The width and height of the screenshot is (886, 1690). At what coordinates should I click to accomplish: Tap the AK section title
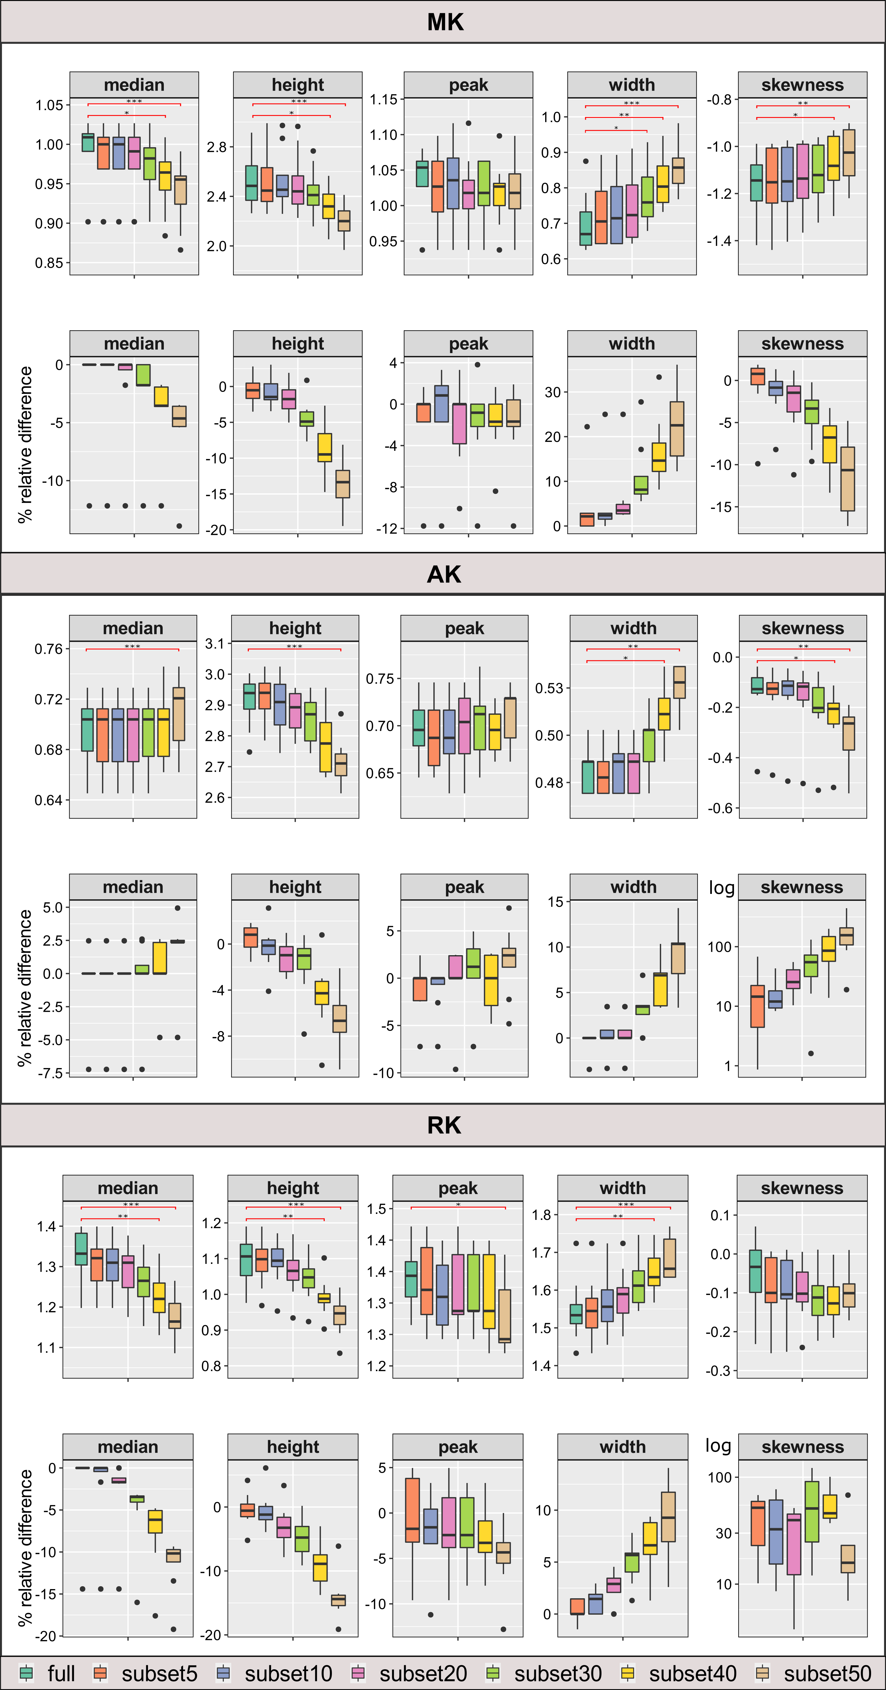444,574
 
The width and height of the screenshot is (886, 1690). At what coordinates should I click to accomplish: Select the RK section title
444,1125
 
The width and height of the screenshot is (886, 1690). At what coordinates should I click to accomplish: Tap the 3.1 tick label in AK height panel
214,643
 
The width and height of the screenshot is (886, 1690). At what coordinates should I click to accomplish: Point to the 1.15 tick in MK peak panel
384,100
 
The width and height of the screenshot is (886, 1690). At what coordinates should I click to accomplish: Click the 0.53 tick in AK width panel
549,688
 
